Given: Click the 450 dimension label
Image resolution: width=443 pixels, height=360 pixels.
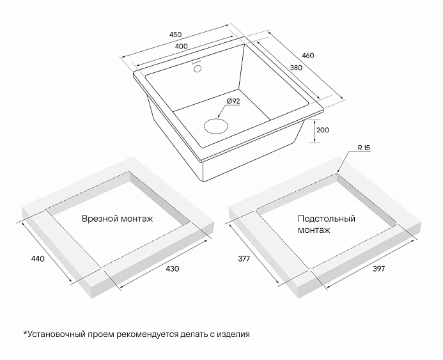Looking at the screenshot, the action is click(x=175, y=35).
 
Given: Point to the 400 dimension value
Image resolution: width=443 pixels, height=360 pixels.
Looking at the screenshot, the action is click(x=181, y=46).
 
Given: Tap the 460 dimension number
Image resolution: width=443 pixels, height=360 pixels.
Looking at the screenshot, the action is click(x=308, y=56).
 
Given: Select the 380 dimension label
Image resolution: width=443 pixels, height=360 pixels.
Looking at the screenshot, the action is click(x=296, y=68).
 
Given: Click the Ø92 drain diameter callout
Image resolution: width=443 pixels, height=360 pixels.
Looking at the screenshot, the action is click(x=233, y=101).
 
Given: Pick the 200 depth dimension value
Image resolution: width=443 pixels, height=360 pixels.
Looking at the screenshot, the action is click(x=323, y=130).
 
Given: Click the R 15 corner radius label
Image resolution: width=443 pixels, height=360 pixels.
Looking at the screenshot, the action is click(x=364, y=148).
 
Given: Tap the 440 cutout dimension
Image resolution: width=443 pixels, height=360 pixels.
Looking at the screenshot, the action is click(x=38, y=258).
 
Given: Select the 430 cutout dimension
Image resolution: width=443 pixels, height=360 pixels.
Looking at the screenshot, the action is click(x=173, y=269).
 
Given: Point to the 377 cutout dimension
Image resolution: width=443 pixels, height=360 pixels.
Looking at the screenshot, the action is click(x=244, y=258).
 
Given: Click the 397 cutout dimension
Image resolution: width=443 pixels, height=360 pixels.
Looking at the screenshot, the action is click(x=378, y=269).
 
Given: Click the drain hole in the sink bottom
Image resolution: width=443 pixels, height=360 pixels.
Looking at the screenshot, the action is click(x=216, y=126).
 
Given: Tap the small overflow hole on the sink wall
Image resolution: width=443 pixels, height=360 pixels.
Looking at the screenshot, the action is click(x=197, y=68).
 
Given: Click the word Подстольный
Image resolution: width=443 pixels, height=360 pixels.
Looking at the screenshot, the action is click(x=326, y=219).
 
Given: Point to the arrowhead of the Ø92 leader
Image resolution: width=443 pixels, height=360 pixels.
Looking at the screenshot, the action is click(x=219, y=116).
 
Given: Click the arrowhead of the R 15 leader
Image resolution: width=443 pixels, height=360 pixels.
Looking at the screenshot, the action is click(x=338, y=171).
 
